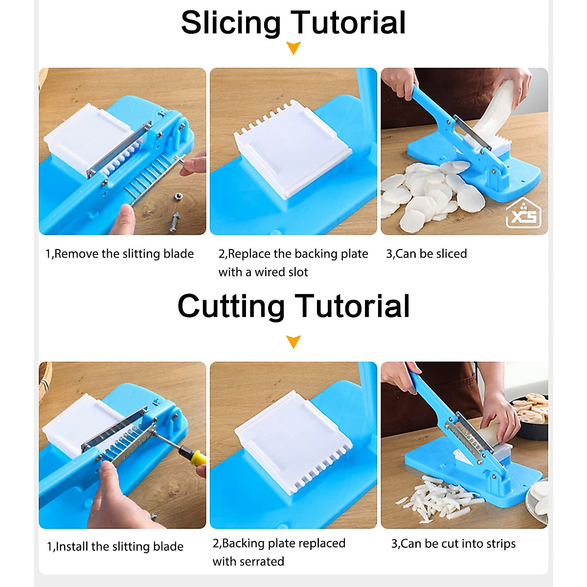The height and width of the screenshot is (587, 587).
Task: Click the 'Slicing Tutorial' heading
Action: (x=293, y=23)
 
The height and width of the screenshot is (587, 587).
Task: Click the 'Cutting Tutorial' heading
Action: (x=293, y=307)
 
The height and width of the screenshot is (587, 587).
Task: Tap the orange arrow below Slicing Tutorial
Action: (x=293, y=48)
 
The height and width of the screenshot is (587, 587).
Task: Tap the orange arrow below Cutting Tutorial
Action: (x=293, y=341)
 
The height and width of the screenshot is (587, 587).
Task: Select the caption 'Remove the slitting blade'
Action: (x=119, y=254)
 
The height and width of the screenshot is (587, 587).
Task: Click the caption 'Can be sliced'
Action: (x=427, y=254)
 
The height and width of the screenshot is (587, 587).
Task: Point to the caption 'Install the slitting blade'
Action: (x=115, y=546)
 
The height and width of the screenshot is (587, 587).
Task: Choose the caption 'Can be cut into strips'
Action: (x=453, y=543)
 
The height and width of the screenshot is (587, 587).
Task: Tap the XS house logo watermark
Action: (x=523, y=214)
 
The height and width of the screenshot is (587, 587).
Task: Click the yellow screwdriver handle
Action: (x=197, y=458)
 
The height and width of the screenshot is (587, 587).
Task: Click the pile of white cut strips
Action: (x=440, y=499)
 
